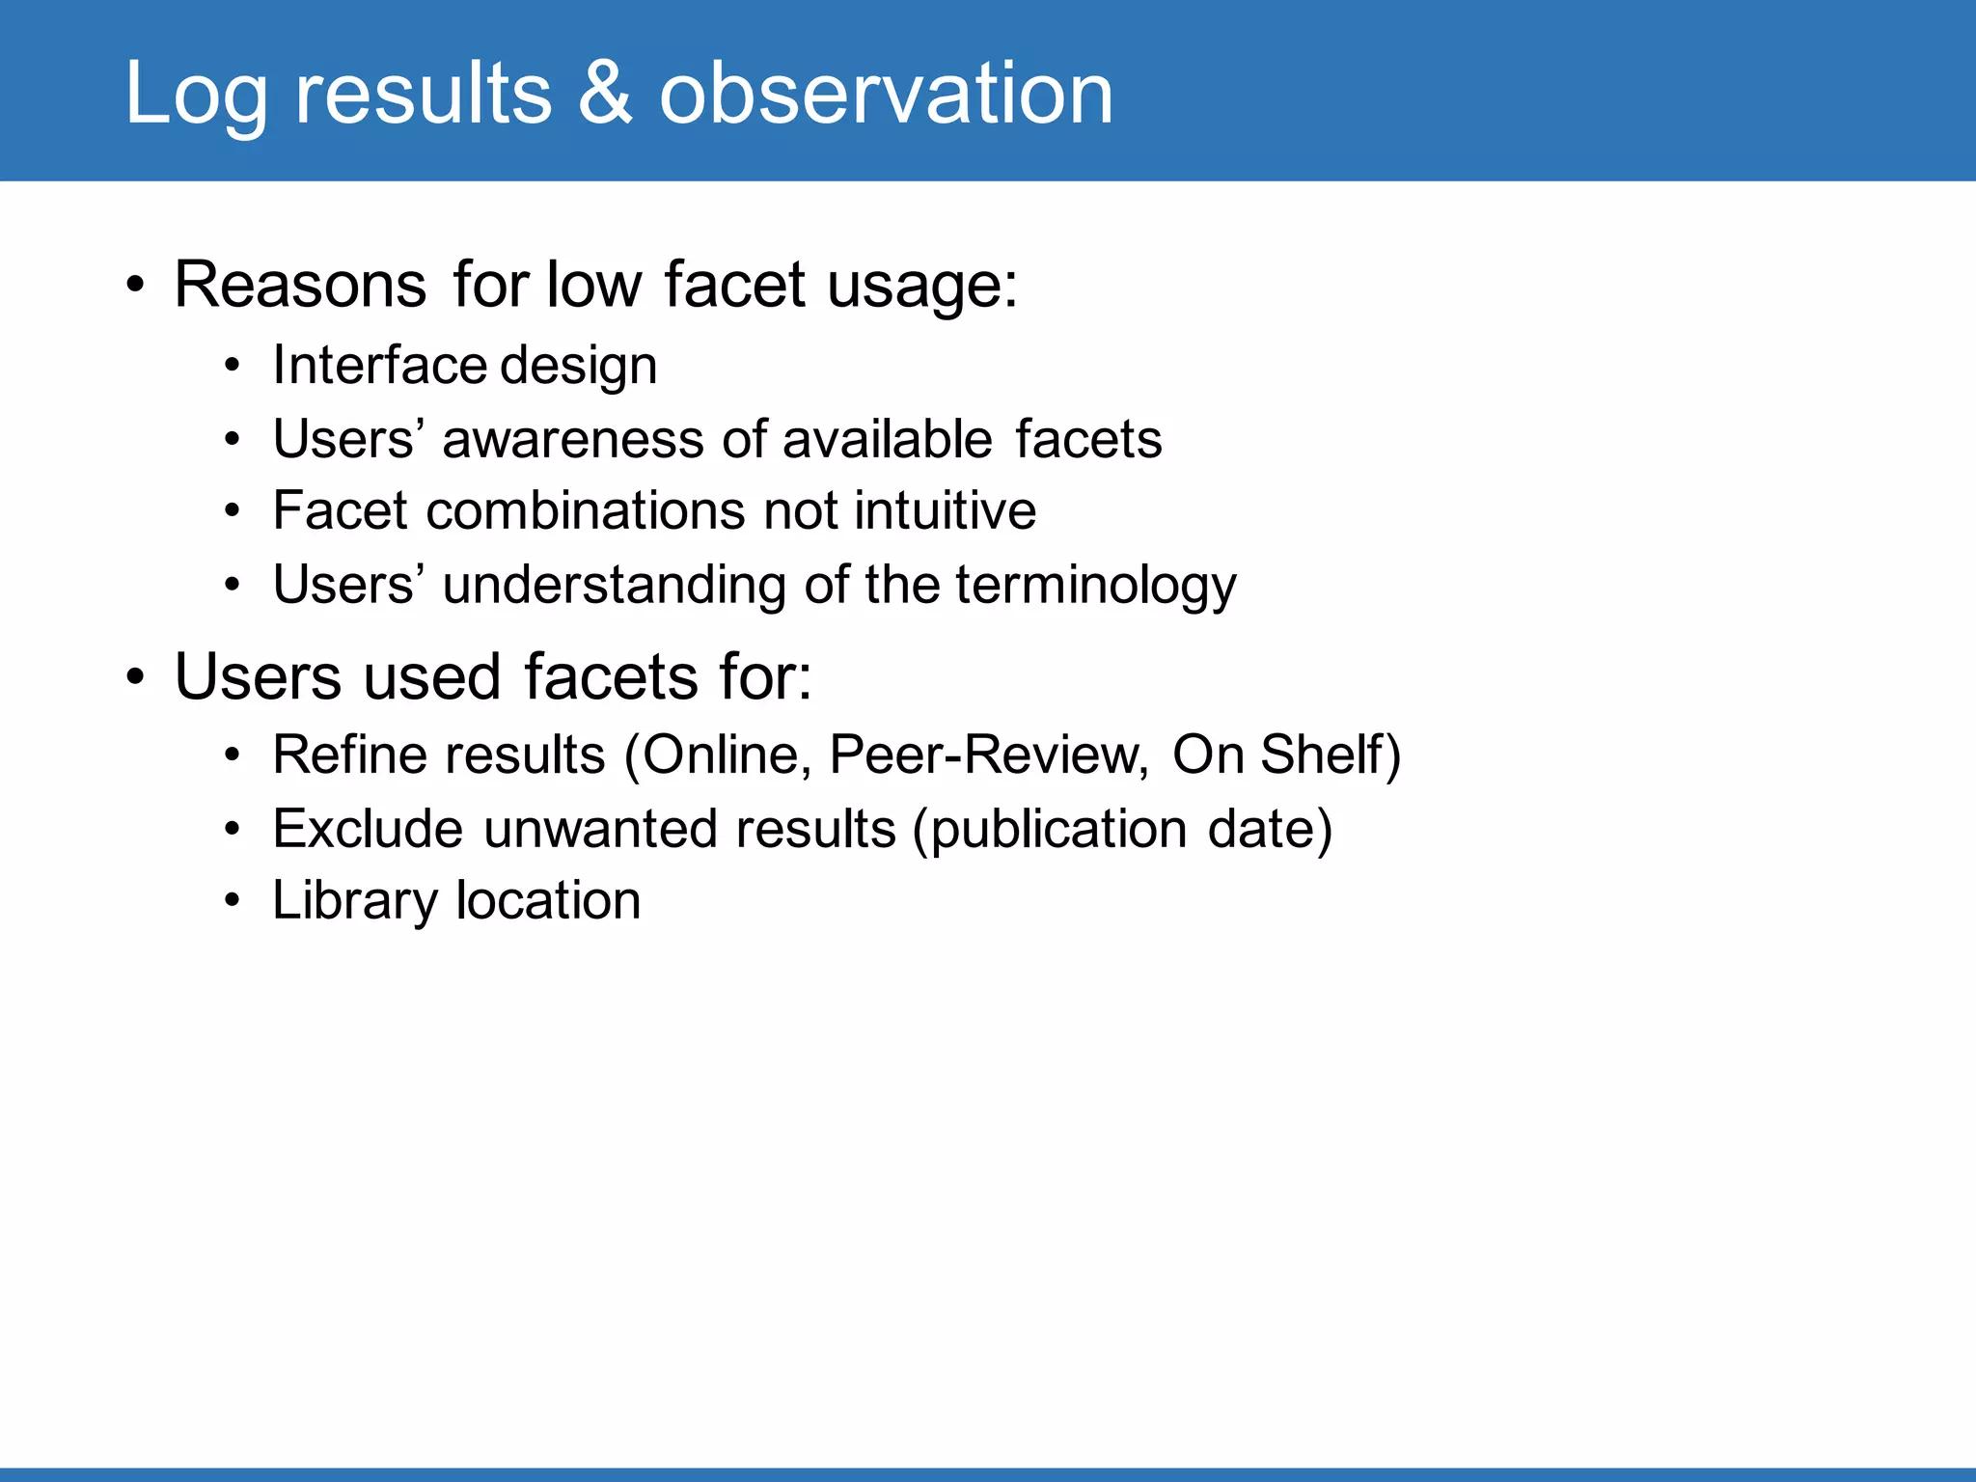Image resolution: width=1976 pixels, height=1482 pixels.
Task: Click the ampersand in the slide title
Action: tap(605, 93)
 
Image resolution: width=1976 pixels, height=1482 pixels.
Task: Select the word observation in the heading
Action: tap(886, 93)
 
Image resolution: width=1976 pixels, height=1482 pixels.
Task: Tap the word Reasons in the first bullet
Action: tap(300, 285)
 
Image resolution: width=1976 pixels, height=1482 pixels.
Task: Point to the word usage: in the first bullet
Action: tap(922, 287)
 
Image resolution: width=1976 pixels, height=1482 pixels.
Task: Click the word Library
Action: tap(355, 902)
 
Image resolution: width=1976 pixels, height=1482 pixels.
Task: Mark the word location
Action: tap(548, 901)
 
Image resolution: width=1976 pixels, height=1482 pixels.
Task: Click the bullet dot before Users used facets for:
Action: tap(136, 677)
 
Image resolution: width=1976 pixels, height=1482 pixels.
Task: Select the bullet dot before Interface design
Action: tap(232, 367)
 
